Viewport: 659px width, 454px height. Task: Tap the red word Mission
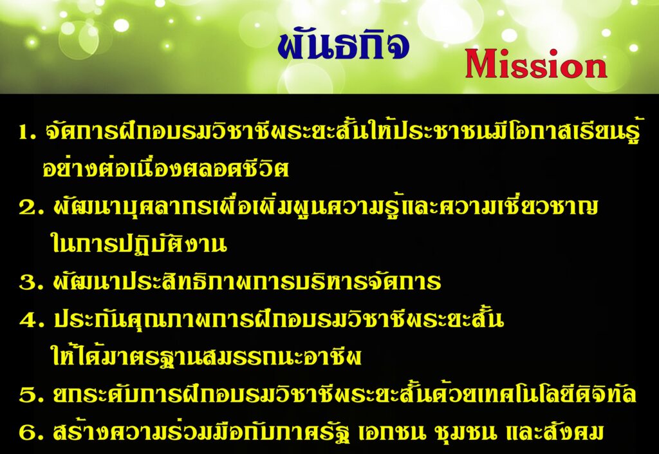[x=536, y=64]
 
